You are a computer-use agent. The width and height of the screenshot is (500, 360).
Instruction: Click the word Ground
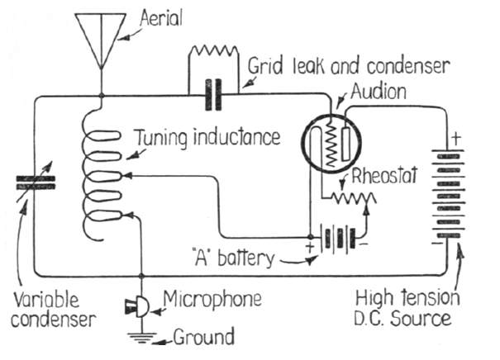pos(203,336)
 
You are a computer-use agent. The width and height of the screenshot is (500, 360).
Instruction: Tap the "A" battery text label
pos(240,258)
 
